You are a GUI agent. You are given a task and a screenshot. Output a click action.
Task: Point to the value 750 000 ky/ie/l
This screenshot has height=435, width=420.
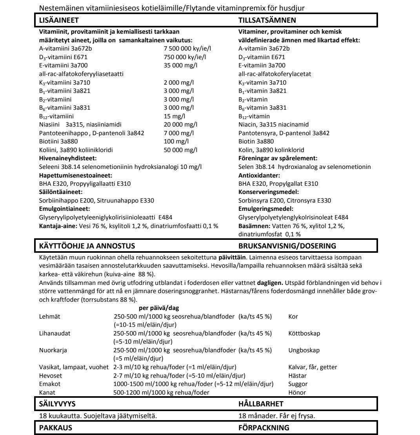coord(185,57)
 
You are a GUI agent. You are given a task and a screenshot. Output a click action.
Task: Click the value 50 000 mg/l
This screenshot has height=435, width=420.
coord(180,150)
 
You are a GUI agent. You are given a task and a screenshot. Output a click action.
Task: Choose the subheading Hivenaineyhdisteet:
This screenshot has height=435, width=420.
coord(68,158)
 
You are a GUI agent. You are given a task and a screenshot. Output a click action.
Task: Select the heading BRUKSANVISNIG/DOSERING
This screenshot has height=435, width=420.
coord(287,246)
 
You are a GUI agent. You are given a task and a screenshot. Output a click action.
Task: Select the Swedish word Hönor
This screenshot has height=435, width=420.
coord(297,392)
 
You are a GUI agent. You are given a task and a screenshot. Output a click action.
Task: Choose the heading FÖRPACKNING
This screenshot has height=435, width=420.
coord(264,428)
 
